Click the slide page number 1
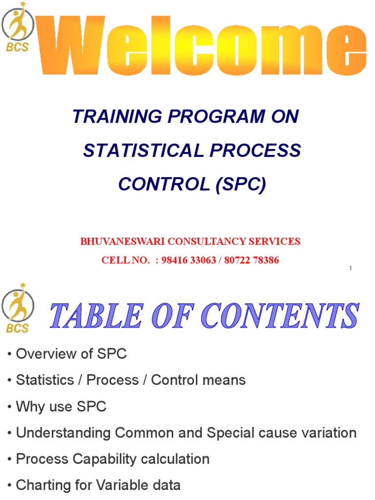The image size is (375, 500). pos(351,268)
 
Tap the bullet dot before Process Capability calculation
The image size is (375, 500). pos(10,459)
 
